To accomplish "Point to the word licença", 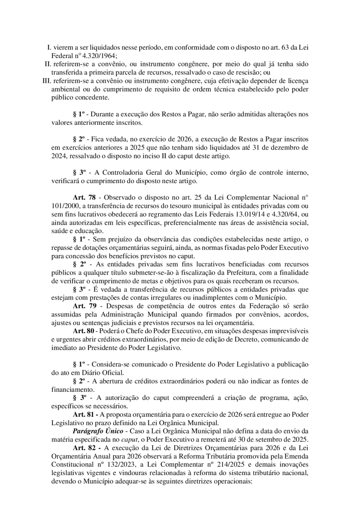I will click(297, 81).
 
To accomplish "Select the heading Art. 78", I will click(84, 198).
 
